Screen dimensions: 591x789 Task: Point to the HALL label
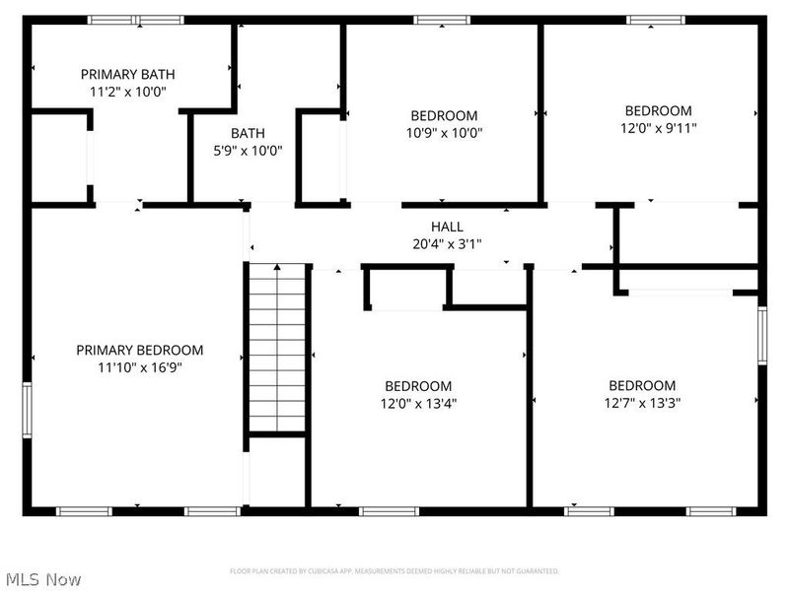447,227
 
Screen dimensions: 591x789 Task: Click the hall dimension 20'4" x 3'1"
447,243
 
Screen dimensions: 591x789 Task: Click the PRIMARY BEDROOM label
140,350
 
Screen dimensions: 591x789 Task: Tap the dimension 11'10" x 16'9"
140,367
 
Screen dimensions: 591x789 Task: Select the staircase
277,349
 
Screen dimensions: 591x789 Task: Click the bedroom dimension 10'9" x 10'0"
444,133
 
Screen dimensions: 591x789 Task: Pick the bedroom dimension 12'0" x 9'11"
658,128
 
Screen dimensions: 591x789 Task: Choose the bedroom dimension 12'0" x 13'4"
418,403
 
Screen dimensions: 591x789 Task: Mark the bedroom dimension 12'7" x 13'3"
642,403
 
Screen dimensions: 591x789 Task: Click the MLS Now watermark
43,579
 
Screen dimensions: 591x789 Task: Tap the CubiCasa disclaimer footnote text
394,571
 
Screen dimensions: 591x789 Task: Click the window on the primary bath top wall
135,20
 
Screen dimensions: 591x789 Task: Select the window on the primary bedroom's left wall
28,408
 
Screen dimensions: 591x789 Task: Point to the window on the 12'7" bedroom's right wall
761,336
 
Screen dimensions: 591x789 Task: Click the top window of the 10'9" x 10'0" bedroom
442,20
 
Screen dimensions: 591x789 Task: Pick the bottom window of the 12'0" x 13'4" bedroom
386,511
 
